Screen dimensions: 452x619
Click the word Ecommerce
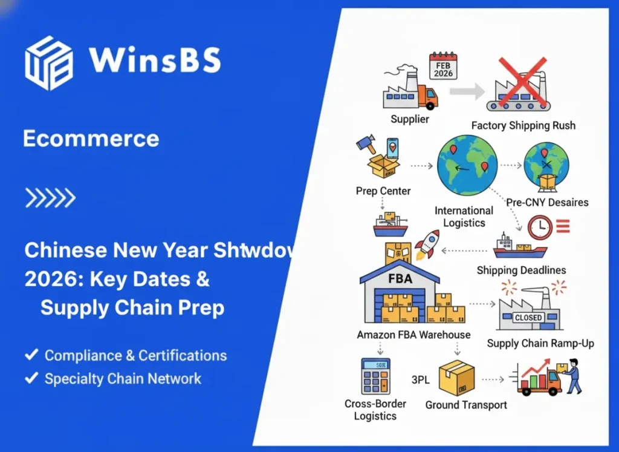pyautogui.click(x=91, y=139)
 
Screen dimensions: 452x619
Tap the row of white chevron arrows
pyautogui.click(x=50, y=197)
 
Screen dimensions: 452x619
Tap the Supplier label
pyautogui.click(x=409, y=119)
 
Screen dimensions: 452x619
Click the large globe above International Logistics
pyautogui.click(x=467, y=165)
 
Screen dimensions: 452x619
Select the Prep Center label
pyautogui.click(x=383, y=191)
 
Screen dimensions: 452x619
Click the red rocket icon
pyautogui.click(x=427, y=244)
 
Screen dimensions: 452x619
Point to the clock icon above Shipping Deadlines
pyautogui.click(x=539, y=228)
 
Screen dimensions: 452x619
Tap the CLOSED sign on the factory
pyautogui.click(x=528, y=318)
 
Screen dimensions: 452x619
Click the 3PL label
pyautogui.click(x=420, y=380)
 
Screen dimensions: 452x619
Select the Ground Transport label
pyautogui.click(x=466, y=405)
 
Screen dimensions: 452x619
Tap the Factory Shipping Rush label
pyautogui.click(x=523, y=126)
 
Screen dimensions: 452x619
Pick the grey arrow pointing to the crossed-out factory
pyautogui.click(x=467, y=92)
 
